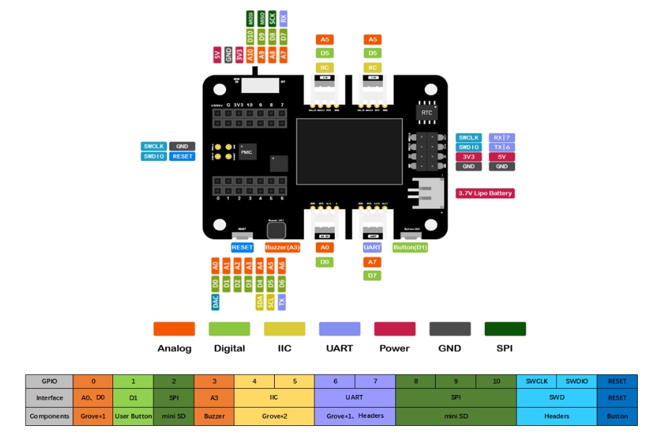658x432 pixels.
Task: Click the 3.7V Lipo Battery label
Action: [485, 193]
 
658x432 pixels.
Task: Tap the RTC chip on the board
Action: [426, 113]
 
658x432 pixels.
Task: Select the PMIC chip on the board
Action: [246, 153]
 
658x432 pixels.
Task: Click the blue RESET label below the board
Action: [242, 247]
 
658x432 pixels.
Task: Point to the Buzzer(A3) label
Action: [282, 247]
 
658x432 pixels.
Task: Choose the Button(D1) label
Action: [410, 247]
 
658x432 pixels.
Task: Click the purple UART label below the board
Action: [372, 247]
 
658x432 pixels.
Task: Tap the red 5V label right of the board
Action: [502, 156]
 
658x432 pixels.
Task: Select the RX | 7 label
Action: [502, 137]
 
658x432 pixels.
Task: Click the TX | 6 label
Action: [502, 147]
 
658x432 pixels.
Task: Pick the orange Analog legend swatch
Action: [174, 329]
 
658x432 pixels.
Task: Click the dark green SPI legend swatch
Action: [505, 329]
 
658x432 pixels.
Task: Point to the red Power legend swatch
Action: [395, 329]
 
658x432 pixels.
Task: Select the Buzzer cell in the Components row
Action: [214, 416]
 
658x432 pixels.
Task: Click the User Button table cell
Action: [133, 416]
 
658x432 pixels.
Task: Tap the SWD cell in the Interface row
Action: [556, 398]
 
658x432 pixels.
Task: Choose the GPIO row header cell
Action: [49, 381]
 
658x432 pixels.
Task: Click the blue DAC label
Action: [216, 302]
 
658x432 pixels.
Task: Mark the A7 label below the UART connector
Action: [372, 261]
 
